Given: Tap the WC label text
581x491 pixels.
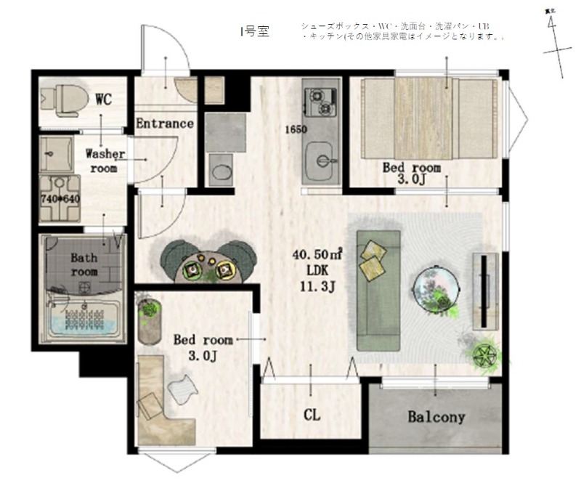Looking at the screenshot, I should coord(104,99).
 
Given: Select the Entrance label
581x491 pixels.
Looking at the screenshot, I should coord(165,123).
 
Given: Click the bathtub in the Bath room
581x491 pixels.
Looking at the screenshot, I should coord(84,320).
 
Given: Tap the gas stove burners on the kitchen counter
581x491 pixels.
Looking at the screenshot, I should coord(320,102).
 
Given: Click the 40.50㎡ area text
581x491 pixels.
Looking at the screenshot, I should coord(317,256).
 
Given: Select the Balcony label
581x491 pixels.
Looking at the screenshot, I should coord(436,417).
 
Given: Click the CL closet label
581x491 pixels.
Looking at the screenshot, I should coord(312,415).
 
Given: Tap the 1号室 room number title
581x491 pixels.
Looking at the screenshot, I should coord(253,33).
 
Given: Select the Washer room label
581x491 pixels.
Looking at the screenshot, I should coord(105,161).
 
